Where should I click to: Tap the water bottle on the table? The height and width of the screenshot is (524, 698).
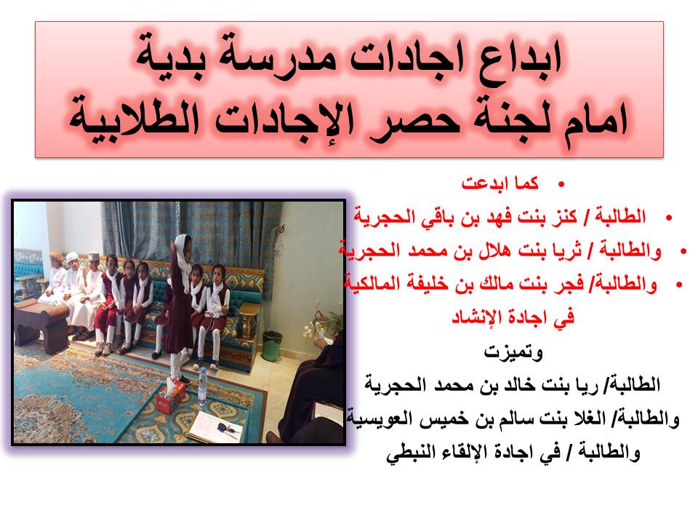click(x=203, y=386)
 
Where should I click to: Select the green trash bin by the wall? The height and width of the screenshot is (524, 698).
click(x=272, y=346)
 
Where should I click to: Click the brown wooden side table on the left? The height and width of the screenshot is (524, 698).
click(x=41, y=325)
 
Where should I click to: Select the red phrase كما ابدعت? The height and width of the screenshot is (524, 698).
click(x=500, y=183)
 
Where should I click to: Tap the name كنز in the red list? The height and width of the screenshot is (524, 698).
click(x=563, y=217)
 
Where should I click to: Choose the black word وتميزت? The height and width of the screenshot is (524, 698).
click(x=513, y=352)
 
